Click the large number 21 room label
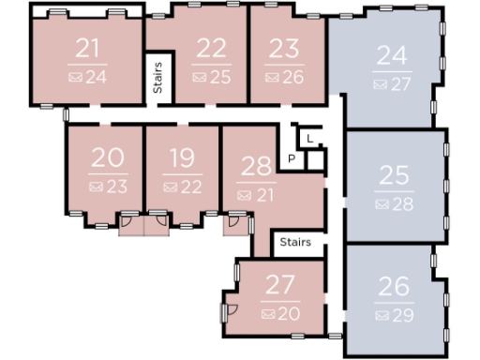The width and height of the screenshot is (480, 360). click(x=87, y=49)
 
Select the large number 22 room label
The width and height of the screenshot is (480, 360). click(x=213, y=49)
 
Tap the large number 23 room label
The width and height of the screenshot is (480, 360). click(x=285, y=49)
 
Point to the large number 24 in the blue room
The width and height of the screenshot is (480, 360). click(x=392, y=57)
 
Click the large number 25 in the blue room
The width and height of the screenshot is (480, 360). click(x=394, y=175)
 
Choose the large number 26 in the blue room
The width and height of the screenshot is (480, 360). click(x=394, y=286)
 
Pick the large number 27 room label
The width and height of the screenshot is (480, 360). click(x=281, y=284)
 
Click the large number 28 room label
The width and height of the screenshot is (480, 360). click(x=256, y=167)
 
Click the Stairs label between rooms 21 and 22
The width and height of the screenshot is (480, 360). click(x=157, y=76)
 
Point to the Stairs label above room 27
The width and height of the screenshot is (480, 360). click(x=295, y=242)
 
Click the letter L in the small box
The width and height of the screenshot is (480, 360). click(x=309, y=140)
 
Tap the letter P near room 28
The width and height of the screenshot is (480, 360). click(x=292, y=158)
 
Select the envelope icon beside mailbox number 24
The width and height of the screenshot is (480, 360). click(x=75, y=77)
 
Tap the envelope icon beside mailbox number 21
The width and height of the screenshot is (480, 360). click(x=244, y=195)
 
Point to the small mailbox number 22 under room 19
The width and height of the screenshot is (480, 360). click(x=191, y=187)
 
